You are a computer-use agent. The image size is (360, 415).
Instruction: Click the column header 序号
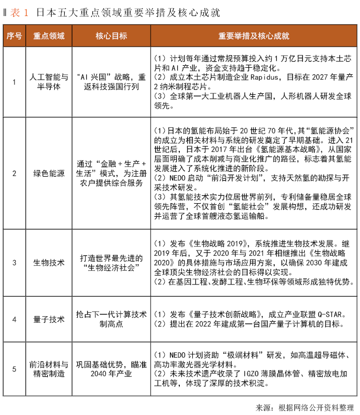[14, 36]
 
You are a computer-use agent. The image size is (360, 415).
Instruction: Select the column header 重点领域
[49, 36]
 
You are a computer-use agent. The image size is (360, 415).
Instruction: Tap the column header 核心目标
[111, 36]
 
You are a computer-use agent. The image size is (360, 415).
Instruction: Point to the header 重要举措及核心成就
[253, 36]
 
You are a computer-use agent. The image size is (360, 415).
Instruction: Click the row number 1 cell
[14, 82]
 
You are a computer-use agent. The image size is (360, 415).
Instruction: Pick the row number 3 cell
[14, 262]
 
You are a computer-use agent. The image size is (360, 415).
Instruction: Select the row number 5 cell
[14, 369]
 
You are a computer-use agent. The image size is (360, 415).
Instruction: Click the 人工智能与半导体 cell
[49, 82]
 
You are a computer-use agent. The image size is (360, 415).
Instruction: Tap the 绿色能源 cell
[49, 174]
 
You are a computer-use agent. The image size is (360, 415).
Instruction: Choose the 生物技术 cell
[49, 262]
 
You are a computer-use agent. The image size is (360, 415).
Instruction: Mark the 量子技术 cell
[49, 319]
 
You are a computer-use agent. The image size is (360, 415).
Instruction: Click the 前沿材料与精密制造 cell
[49, 369]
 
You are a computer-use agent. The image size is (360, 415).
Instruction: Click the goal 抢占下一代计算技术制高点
[111, 319]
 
